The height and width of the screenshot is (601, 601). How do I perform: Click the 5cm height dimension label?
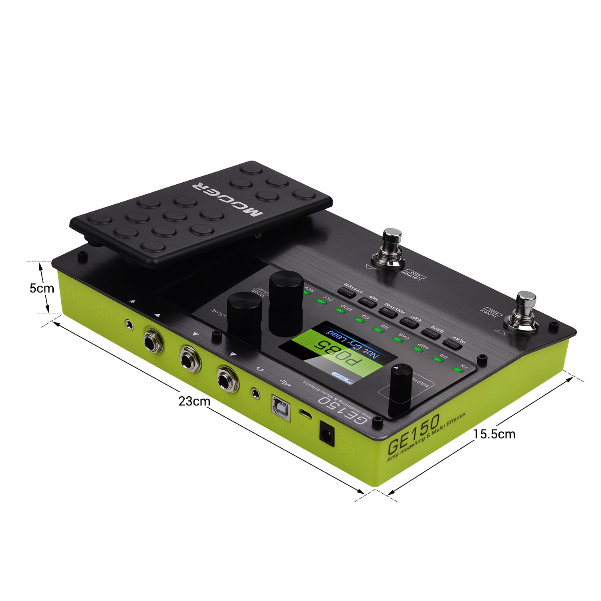pyautogui.click(x=41, y=288)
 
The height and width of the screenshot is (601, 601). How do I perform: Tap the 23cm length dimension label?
pyautogui.click(x=194, y=401)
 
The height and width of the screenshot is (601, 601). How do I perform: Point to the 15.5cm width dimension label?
pyautogui.click(x=494, y=434)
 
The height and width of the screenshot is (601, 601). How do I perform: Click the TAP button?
pyautogui.click(x=367, y=302)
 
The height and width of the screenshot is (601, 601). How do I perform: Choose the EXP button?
pyautogui.click(x=409, y=323)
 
